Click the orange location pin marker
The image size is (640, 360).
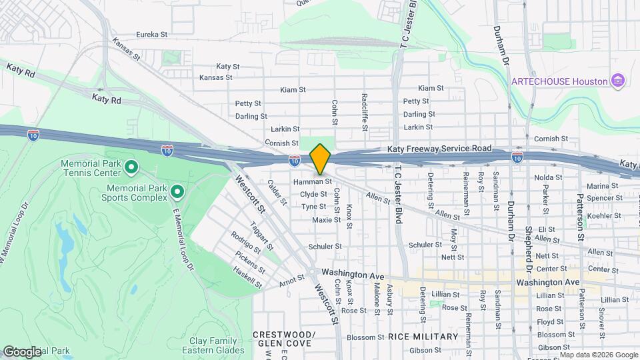[320, 159]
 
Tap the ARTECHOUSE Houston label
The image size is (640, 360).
[559, 81]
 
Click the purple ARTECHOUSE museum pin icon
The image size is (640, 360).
[618, 81]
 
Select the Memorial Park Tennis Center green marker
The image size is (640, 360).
[131, 167]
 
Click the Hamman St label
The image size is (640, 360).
[312, 181]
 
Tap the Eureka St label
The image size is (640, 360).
[151, 34]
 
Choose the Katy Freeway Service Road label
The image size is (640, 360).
[440, 148]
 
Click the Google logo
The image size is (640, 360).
[21, 351]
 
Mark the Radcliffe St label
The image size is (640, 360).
[365, 107]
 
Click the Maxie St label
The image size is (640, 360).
[327, 219]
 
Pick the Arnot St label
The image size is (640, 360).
[292, 281]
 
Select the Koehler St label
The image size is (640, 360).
[605, 215]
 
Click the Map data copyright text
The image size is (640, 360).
[598, 355]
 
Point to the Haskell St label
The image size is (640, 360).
[248, 277]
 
